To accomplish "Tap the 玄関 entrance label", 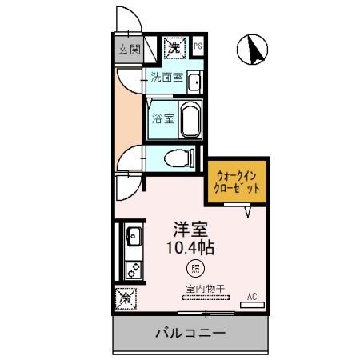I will (x=129, y=50).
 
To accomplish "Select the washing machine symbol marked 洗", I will (x=173, y=48).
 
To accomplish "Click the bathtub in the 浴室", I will (x=190, y=120).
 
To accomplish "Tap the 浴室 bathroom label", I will (x=163, y=120).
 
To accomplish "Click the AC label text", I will (x=252, y=297).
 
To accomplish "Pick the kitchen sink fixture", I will (x=133, y=237).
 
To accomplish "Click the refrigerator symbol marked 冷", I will (x=126, y=298).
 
